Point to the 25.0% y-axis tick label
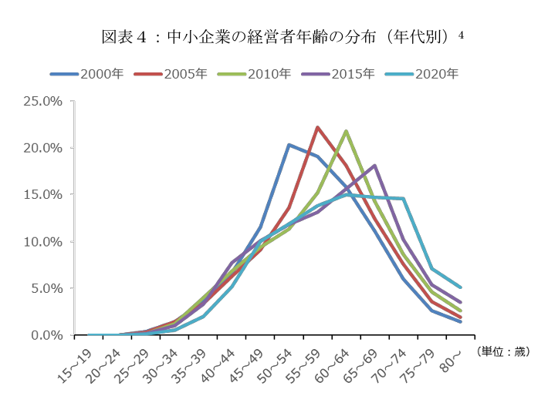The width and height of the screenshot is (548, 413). pos(44,101)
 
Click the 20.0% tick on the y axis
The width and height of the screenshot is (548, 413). pos(44,148)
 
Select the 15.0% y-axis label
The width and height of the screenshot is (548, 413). pos(44,195)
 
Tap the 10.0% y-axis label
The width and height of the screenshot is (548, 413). pos(44,242)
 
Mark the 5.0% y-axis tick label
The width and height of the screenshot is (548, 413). pos(46,289)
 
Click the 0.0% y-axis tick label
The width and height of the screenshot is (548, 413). pos(46,335)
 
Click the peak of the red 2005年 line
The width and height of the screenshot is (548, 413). pos(317,127)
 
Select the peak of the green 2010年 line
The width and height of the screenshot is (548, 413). pos(346,131)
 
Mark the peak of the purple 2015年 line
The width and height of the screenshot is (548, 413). pos(374,165)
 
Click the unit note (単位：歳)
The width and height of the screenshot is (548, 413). pos(502,351)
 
